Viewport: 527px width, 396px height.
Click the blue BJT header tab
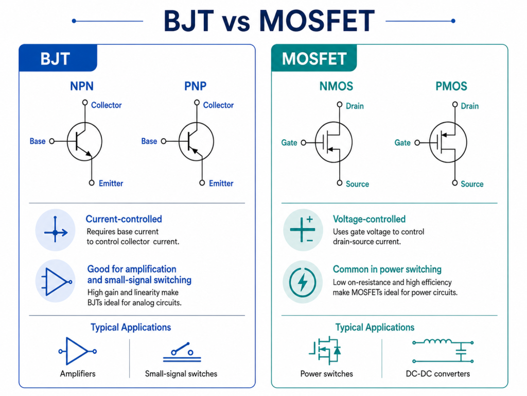[x=58, y=58]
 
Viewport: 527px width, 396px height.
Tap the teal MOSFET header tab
[x=314, y=58]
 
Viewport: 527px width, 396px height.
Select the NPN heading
[x=82, y=86]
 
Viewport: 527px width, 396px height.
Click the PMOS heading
[x=451, y=86]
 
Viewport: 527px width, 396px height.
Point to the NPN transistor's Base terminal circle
[x=52, y=141]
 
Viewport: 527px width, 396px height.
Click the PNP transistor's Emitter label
[x=221, y=184]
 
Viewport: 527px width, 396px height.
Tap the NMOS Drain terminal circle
[x=340, y=104]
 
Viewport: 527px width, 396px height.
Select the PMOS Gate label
[x=402, y=143]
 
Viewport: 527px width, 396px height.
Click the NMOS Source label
[x=357, y=184]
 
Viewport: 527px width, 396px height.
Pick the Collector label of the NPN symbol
[x=106, y=105]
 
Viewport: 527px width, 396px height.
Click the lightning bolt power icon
[x=303, y=282]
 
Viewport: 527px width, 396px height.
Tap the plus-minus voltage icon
[x=303, y=229]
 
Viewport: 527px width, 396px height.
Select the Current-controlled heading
[x=124, y=219]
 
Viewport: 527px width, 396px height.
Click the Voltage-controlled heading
[x=369, y=219]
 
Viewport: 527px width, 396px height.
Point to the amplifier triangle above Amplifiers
[x=77, y=351]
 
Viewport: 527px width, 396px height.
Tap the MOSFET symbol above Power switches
[x=325, y=351]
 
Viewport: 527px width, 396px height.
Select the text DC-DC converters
[x=437, y=374]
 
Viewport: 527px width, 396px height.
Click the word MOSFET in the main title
[x=317, y=21]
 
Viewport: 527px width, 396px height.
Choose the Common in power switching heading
[x=387, y=269]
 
